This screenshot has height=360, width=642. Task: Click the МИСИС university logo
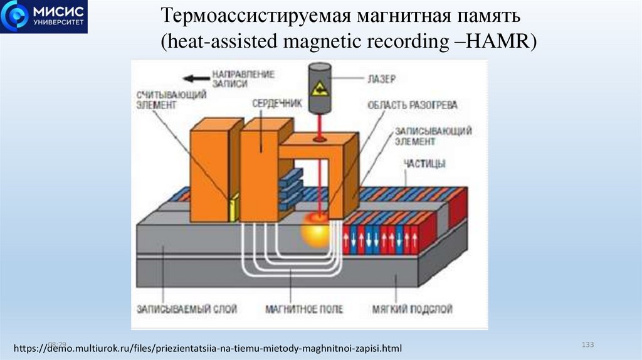tap(44, 16)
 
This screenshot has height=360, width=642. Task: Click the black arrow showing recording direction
tap(191, 78)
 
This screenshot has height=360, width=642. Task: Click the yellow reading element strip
tap(234, 208)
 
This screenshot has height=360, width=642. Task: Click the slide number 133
tap(587, 345)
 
